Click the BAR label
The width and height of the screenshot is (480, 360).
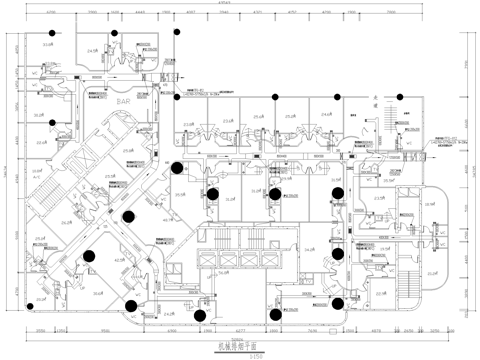pyautogui.click(x=123, y=102)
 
